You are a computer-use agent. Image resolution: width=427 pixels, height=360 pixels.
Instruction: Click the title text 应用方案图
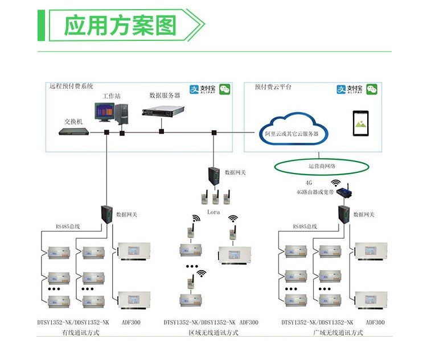[x=120, y=26]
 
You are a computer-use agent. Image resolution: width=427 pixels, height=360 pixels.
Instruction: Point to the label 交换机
[x=73, y=121]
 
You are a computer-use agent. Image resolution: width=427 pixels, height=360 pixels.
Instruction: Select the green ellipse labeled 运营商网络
[x=322, y=166]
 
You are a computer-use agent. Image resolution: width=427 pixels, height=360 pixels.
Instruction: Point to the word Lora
[x=213, y=212]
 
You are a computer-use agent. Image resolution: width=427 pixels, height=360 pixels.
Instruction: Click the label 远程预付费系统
[x=71, y=86]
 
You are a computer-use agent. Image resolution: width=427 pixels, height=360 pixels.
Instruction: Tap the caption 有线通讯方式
[x=81, y=333]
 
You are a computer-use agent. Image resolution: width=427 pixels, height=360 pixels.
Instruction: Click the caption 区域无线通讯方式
[x=213, y=333]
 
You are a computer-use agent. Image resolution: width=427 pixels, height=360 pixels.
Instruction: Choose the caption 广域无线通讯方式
[x=338, y=333]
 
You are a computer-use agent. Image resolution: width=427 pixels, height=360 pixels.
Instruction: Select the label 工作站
[x=112, y=96]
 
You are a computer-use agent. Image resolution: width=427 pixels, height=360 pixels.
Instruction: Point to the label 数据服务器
[x=165, y=96]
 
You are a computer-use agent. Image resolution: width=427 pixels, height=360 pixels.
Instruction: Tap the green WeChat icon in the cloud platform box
[x=372, y=89]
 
